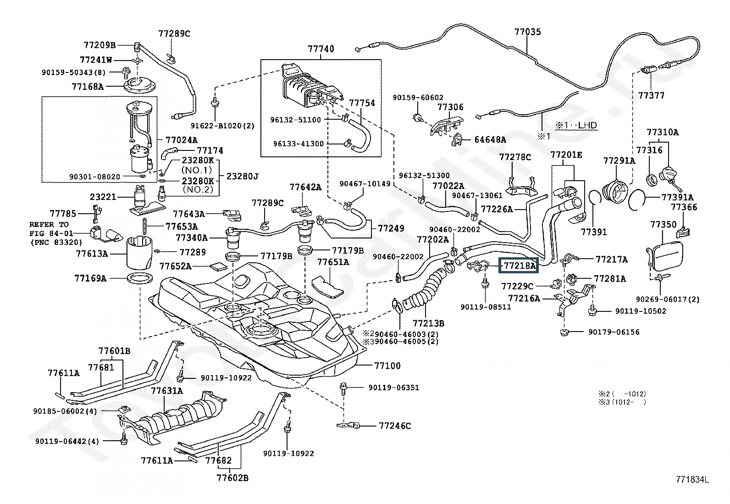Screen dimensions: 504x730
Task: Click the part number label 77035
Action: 527,32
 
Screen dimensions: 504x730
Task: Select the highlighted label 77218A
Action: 519,265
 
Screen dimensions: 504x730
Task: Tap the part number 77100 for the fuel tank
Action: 387,366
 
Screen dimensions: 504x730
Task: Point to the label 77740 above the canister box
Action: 321,49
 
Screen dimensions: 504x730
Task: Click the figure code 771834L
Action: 692,480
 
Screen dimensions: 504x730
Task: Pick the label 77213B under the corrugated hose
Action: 428,323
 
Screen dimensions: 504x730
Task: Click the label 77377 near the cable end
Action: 652,95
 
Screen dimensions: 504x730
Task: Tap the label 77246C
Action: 395,426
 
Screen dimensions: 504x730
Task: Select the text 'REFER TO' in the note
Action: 49,224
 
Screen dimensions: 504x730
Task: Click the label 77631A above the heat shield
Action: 167,391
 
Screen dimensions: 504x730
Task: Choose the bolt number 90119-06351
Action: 393,388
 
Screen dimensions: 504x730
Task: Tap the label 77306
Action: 450,107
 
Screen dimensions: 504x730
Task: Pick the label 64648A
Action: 490,139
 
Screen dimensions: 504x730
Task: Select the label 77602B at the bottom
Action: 232,478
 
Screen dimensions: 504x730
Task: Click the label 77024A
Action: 181,140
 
